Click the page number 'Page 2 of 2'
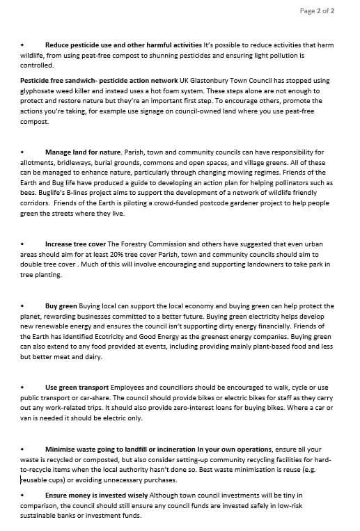tap(317, 11)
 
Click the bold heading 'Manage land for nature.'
tap(84, 152)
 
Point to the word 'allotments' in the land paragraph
tap(38, 162)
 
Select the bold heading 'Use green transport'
tap(77, 387)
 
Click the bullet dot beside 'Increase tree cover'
tap(23, 244)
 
